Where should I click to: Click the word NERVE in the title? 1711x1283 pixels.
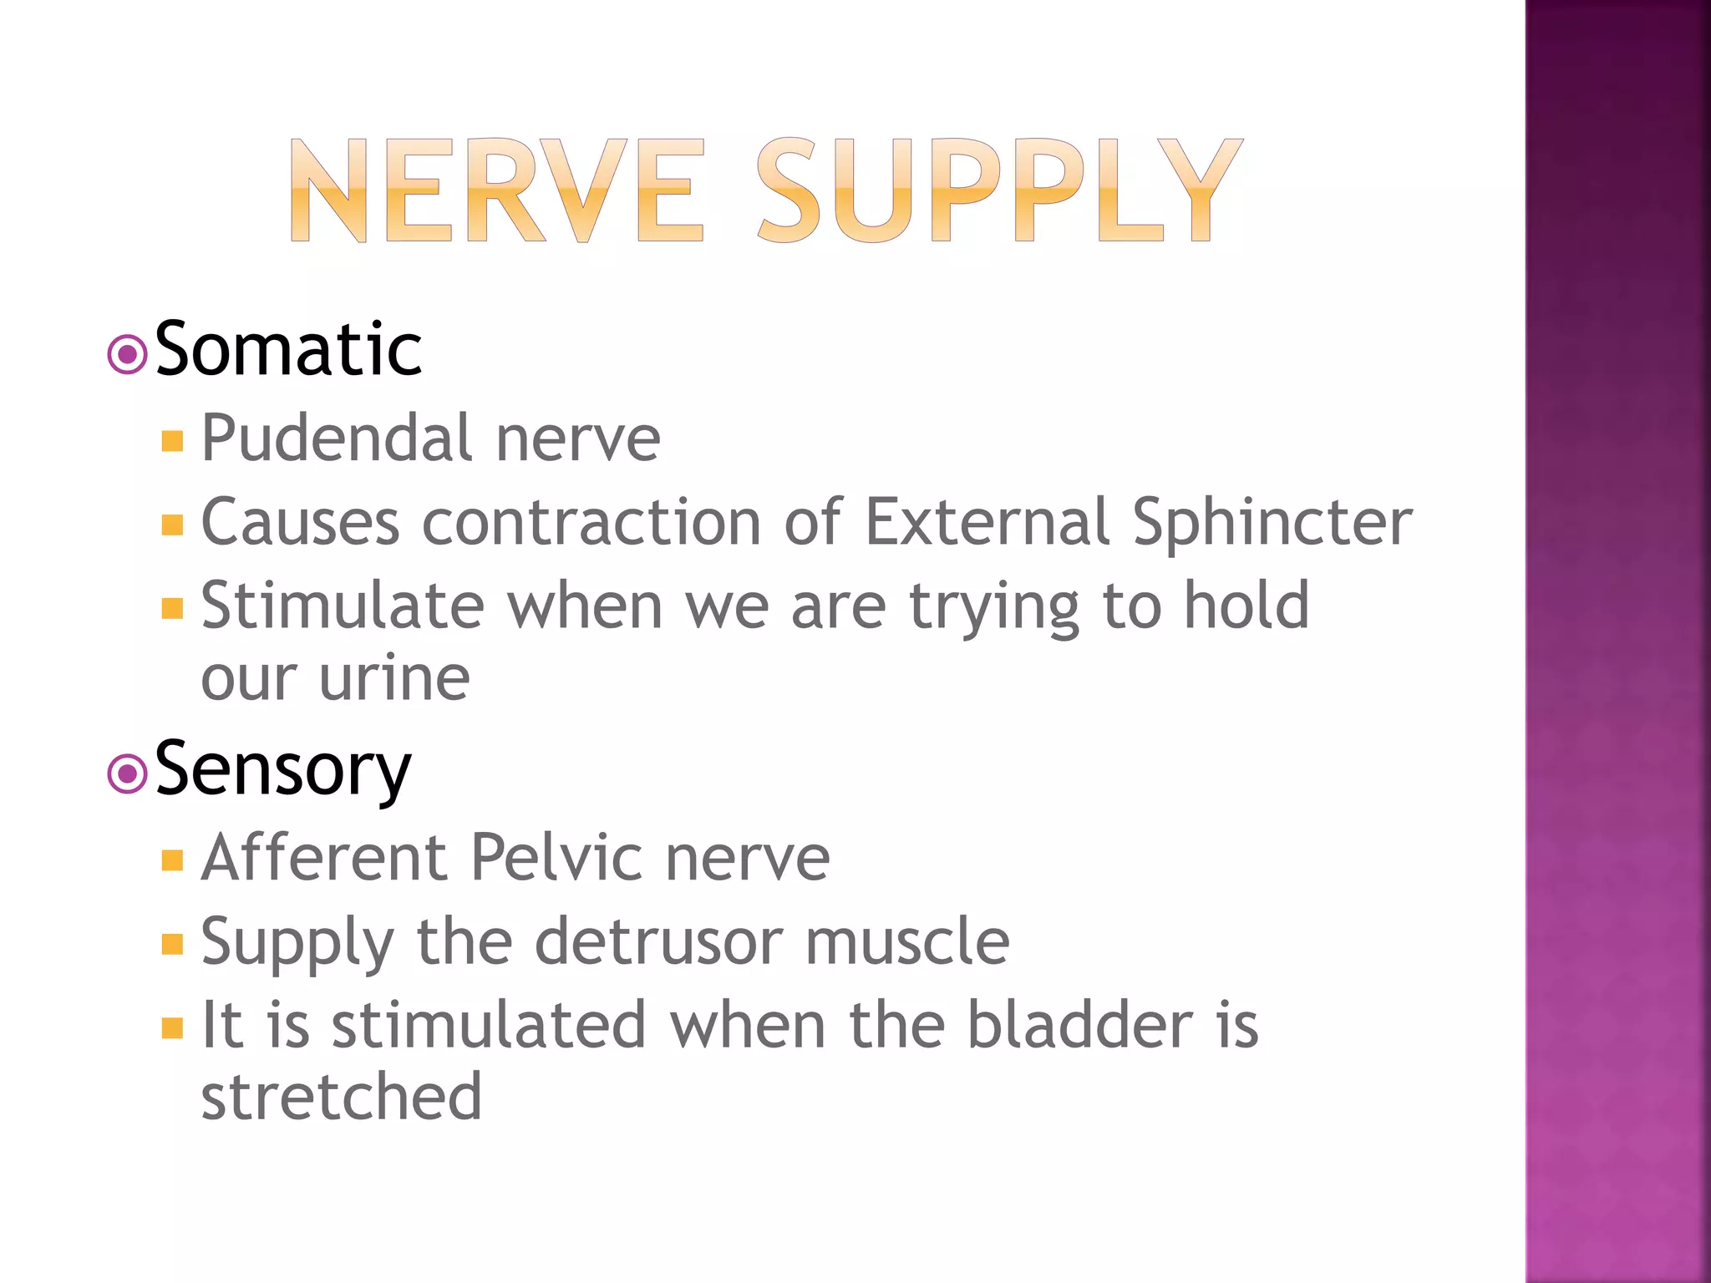click(x=496, y=190)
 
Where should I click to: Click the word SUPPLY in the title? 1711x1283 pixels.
click(x=999, y=190)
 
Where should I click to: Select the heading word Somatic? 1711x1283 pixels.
click(x=288, y=349)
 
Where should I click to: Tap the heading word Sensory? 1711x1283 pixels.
click(x=283, y=769)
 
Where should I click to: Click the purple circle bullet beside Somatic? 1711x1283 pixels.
click(x=127, y=355)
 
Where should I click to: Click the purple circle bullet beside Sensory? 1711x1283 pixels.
click(x=127, y=774)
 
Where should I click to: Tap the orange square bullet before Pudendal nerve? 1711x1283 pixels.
click(x=172, y=441)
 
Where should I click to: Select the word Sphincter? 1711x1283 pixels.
click(x=1272, y=522)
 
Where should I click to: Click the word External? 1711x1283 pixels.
click(x=987, y=522)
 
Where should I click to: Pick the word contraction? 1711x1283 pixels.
click(x=591, y=522)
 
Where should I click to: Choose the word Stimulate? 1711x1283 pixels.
click(x=343, y=606)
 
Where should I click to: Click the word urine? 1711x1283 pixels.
click(x=394, y=677)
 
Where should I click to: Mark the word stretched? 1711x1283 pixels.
click(x=341, y=1097)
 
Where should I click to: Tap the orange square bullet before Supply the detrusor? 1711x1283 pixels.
click(x=172, y=944)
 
